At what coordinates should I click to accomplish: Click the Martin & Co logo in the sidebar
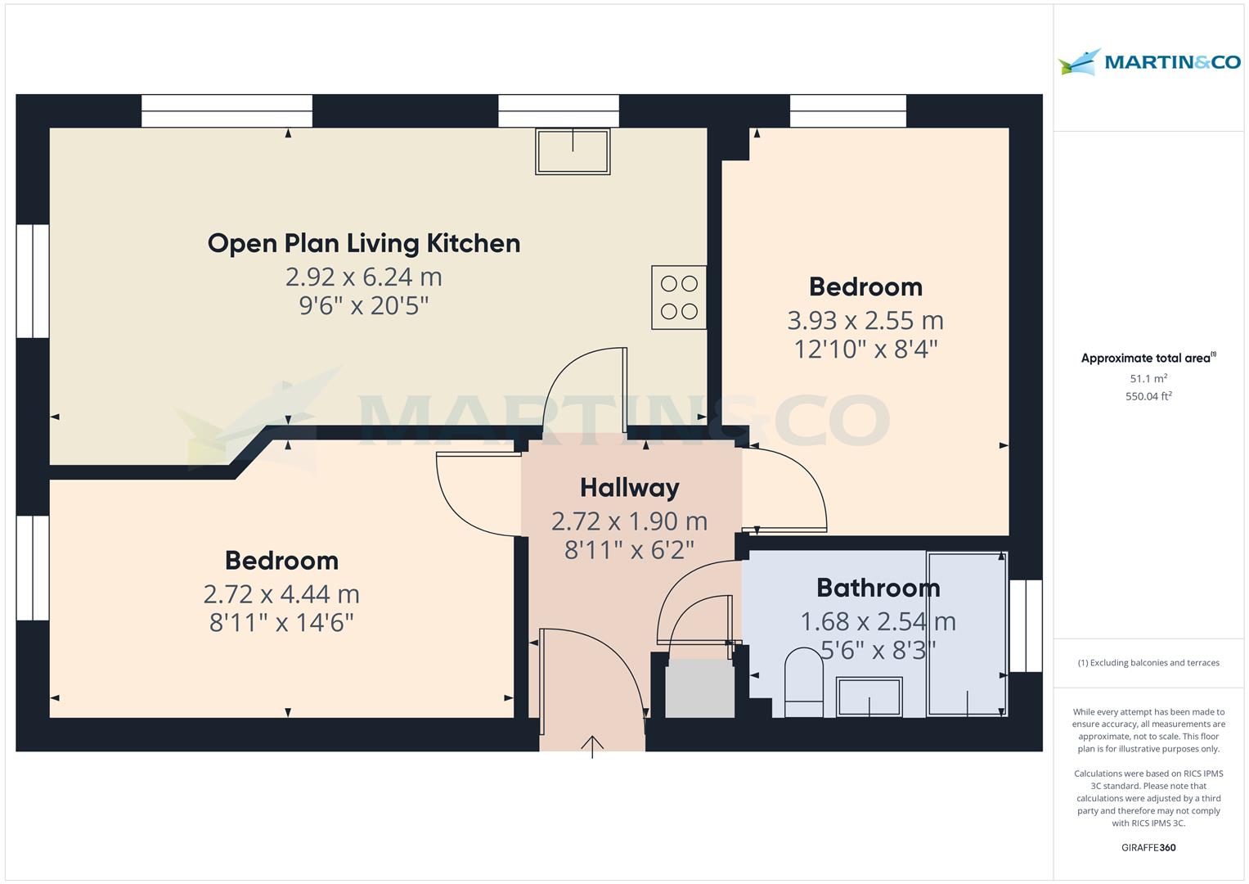[1148, 62]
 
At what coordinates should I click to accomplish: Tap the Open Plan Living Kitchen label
[363, 243]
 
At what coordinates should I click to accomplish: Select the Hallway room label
[629, 488]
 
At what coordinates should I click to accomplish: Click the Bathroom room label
[878, 588]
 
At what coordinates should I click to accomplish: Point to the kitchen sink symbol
[573, 151]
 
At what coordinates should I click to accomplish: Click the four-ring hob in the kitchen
[679, 298]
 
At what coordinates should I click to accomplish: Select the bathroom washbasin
[869, 697]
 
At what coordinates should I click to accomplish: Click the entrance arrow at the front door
[592, 746]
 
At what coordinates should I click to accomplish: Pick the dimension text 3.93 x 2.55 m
[865, 320]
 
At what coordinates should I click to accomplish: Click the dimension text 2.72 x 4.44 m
[281, 593]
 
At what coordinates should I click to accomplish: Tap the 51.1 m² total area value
[1148, 379]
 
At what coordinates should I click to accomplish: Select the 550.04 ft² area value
[1148, 397]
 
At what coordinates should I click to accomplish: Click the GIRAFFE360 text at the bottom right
[1148, 848]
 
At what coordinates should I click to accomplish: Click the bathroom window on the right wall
[1026, 626]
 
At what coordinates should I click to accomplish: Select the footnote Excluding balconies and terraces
[1148, 663]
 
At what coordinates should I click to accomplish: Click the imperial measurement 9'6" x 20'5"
[363, 306]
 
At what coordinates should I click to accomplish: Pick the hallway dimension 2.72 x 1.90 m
[629, 521]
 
